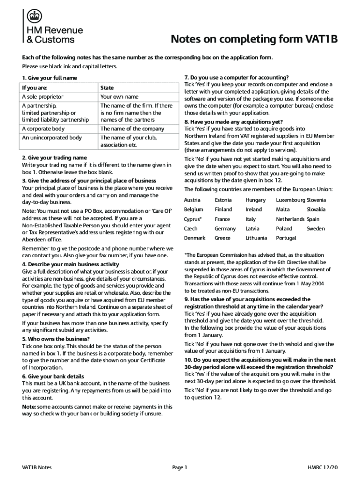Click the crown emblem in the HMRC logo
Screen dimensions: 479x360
tap(32, 17)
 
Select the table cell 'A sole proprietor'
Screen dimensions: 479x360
tap(43, 97)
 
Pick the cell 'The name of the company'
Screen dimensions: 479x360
tap(132, 129)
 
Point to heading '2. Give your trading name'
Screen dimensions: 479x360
tap(54, 158)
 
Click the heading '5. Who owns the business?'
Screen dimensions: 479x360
tap(56, 339)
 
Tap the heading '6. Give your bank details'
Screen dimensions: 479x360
tap(53, 376)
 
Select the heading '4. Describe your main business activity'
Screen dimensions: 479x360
tap(71, 264)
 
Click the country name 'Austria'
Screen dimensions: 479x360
tap(192, 200)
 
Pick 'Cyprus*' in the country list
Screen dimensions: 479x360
tap(193, 219)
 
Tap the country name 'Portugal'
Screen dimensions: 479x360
tap(286, 238)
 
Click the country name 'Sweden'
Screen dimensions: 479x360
tap(316, 229)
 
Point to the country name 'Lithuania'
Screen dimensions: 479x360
tap(256, 238)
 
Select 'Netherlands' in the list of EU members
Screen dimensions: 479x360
tap(290, 219)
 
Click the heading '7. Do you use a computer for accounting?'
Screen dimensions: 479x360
tap(236, 78)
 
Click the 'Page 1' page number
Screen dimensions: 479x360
tap(180, 467)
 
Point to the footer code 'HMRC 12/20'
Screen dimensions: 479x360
tap(323, 467)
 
